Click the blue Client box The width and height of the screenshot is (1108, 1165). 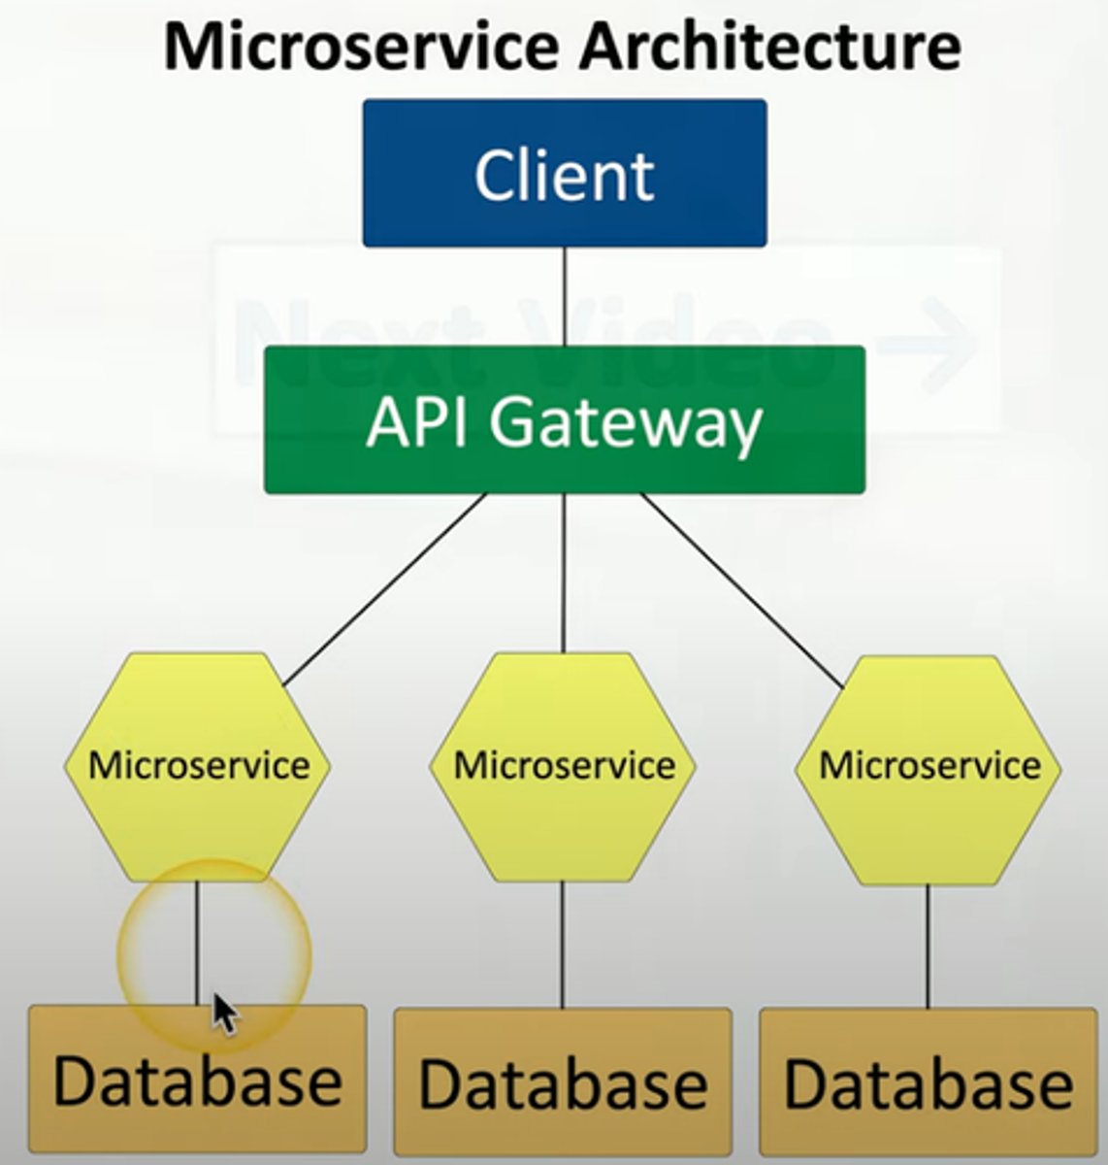click(565, 174)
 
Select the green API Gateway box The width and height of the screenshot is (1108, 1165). click(565, 420)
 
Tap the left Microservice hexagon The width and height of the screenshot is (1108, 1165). click(198, 766)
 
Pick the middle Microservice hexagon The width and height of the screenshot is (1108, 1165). click(564, 766)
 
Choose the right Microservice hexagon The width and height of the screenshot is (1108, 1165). click(929, 768)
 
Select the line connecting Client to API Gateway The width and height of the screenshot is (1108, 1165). click(565, 296)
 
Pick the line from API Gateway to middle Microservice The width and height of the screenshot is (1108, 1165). click(564, 573)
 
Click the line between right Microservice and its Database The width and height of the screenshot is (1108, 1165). click(929, 947)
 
